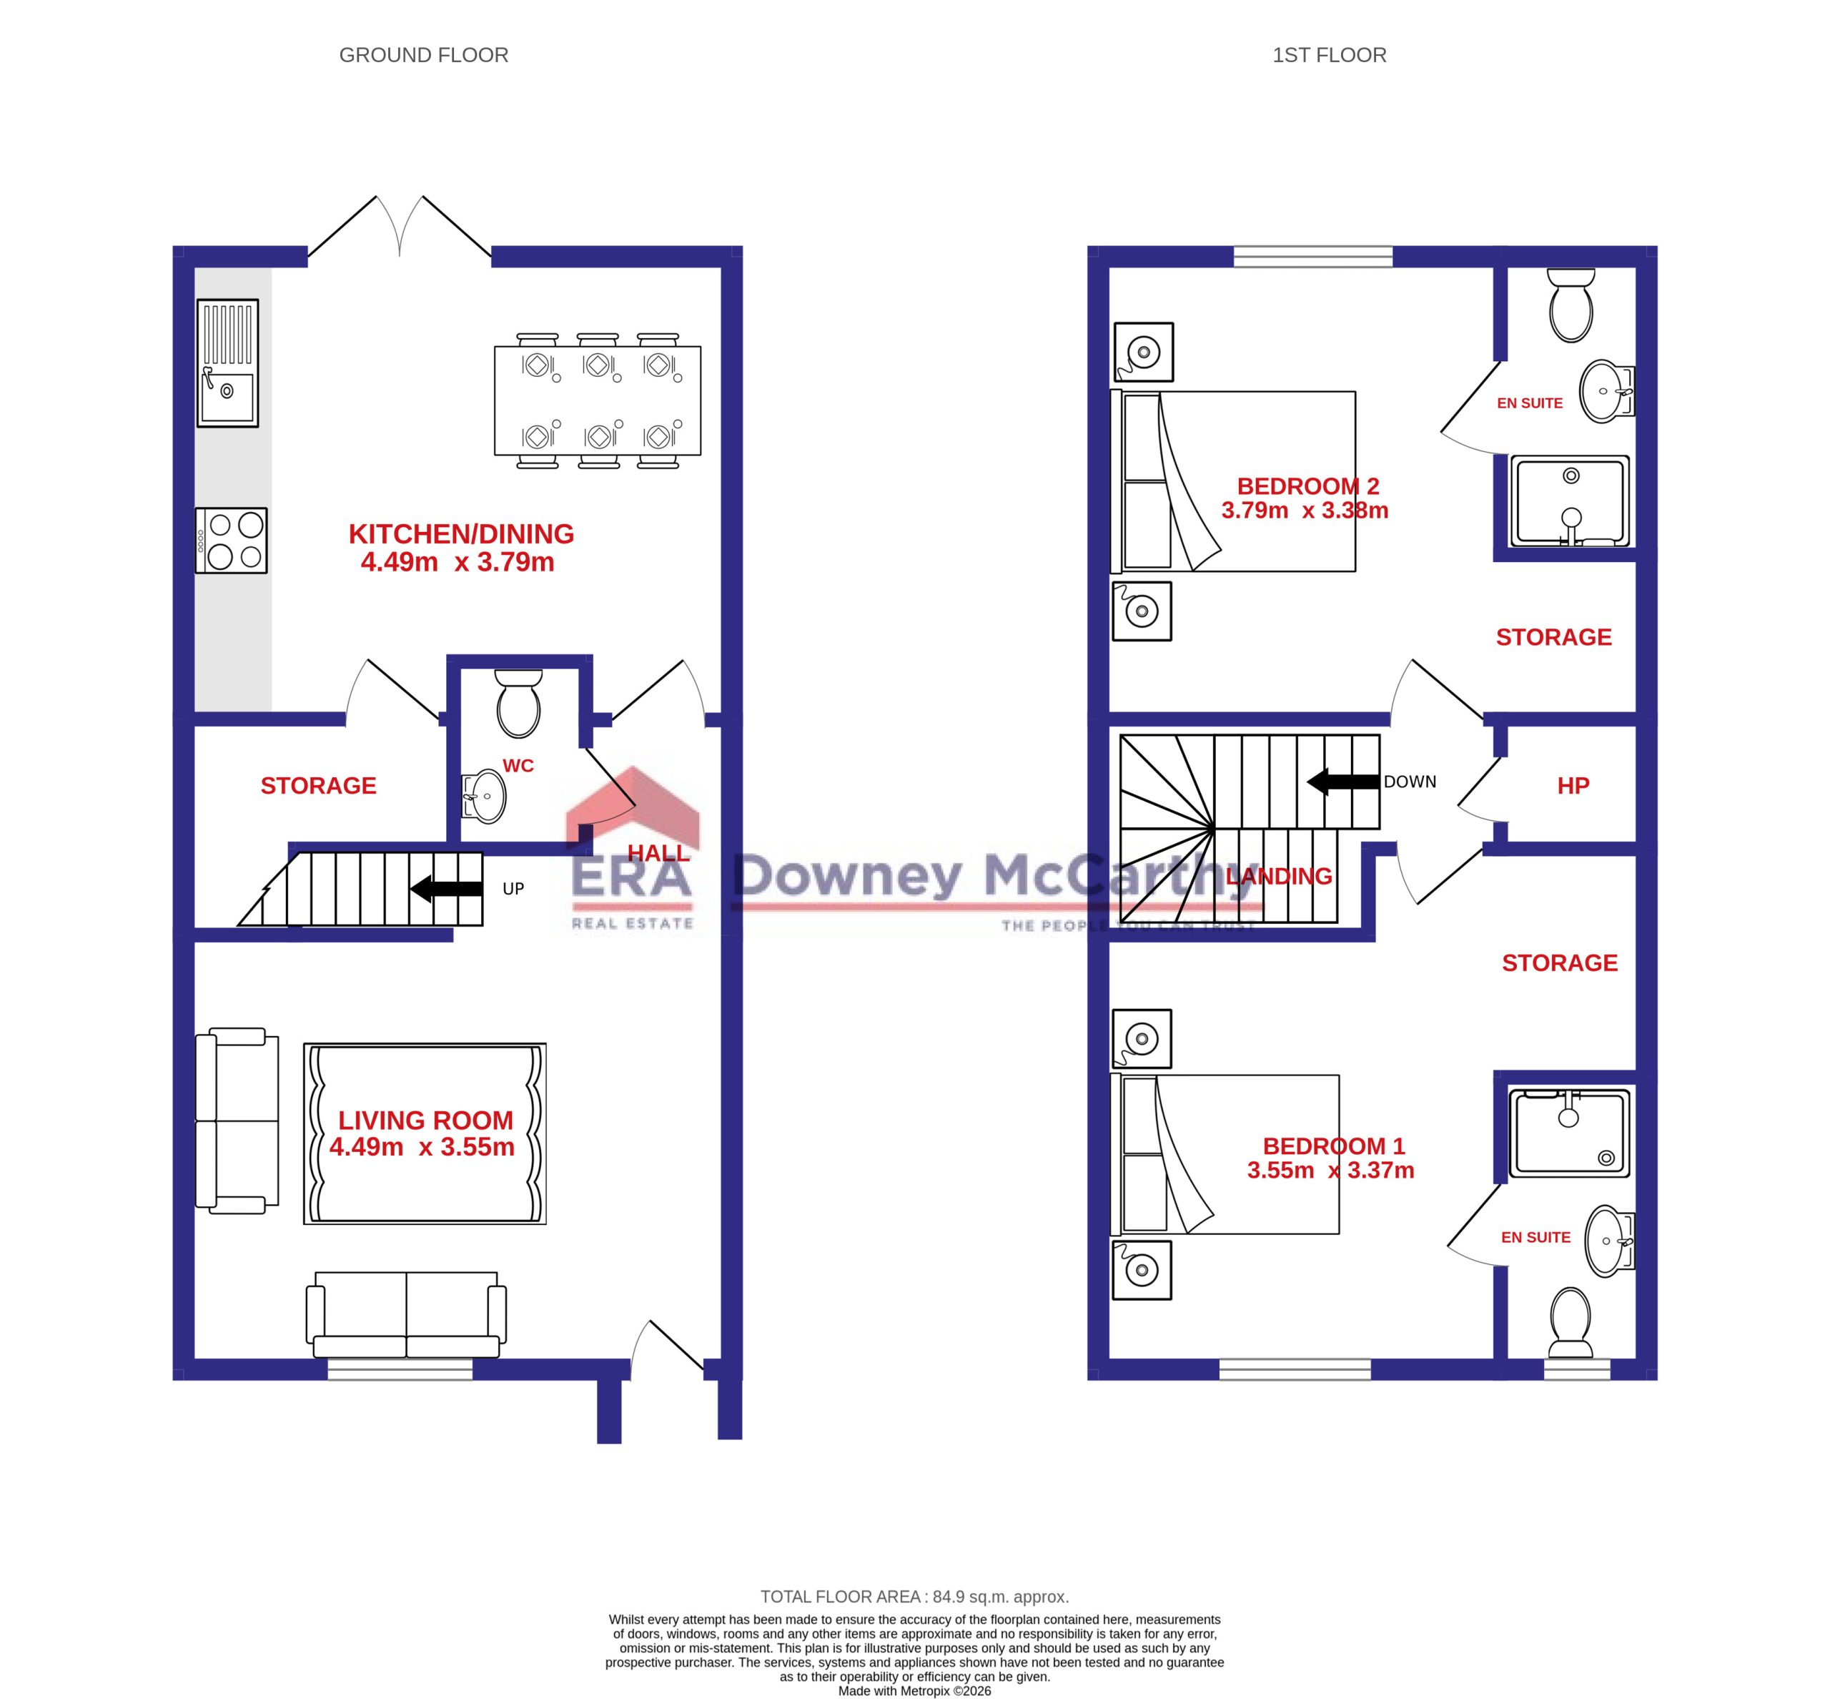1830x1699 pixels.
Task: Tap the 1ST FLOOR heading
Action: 1328,55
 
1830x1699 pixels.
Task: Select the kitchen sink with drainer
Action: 227,363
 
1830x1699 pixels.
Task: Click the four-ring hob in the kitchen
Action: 231,541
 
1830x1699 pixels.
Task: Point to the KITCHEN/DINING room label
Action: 460,534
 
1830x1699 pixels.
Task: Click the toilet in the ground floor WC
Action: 518,704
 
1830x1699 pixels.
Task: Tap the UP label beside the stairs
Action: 513,889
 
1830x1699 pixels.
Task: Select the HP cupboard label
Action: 1573,786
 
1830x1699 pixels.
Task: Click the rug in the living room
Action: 425,1133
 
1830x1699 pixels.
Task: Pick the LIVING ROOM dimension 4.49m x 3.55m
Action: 422,1148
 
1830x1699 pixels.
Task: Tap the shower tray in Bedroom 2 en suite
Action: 1569,503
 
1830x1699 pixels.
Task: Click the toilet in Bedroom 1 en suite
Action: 1570,1322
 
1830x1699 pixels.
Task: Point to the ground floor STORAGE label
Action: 318,786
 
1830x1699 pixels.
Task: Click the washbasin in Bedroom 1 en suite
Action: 1608,1241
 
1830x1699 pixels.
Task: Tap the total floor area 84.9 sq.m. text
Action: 914,1597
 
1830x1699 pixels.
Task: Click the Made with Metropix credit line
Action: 914,1690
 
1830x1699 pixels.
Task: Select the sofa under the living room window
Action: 405,1315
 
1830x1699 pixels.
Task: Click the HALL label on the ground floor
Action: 658,853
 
